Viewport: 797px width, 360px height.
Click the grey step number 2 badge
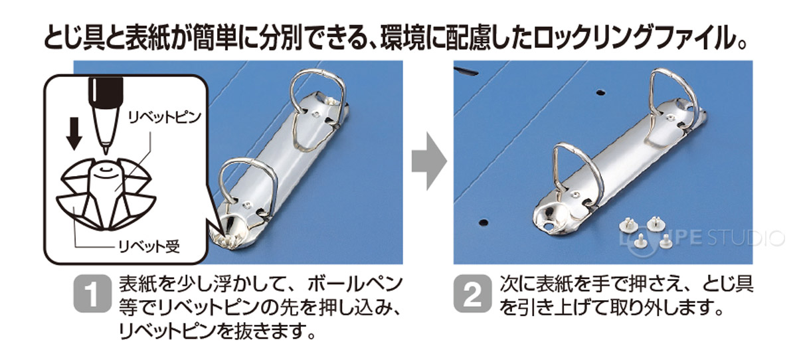473,296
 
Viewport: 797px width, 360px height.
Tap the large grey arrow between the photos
427,161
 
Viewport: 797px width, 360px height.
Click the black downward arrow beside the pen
75,133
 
